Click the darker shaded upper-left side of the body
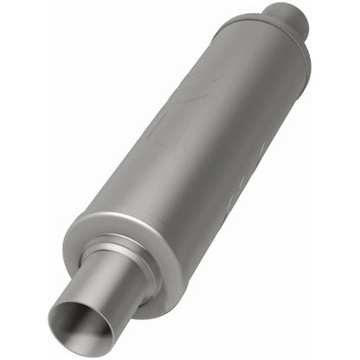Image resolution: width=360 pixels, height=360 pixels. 147,130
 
